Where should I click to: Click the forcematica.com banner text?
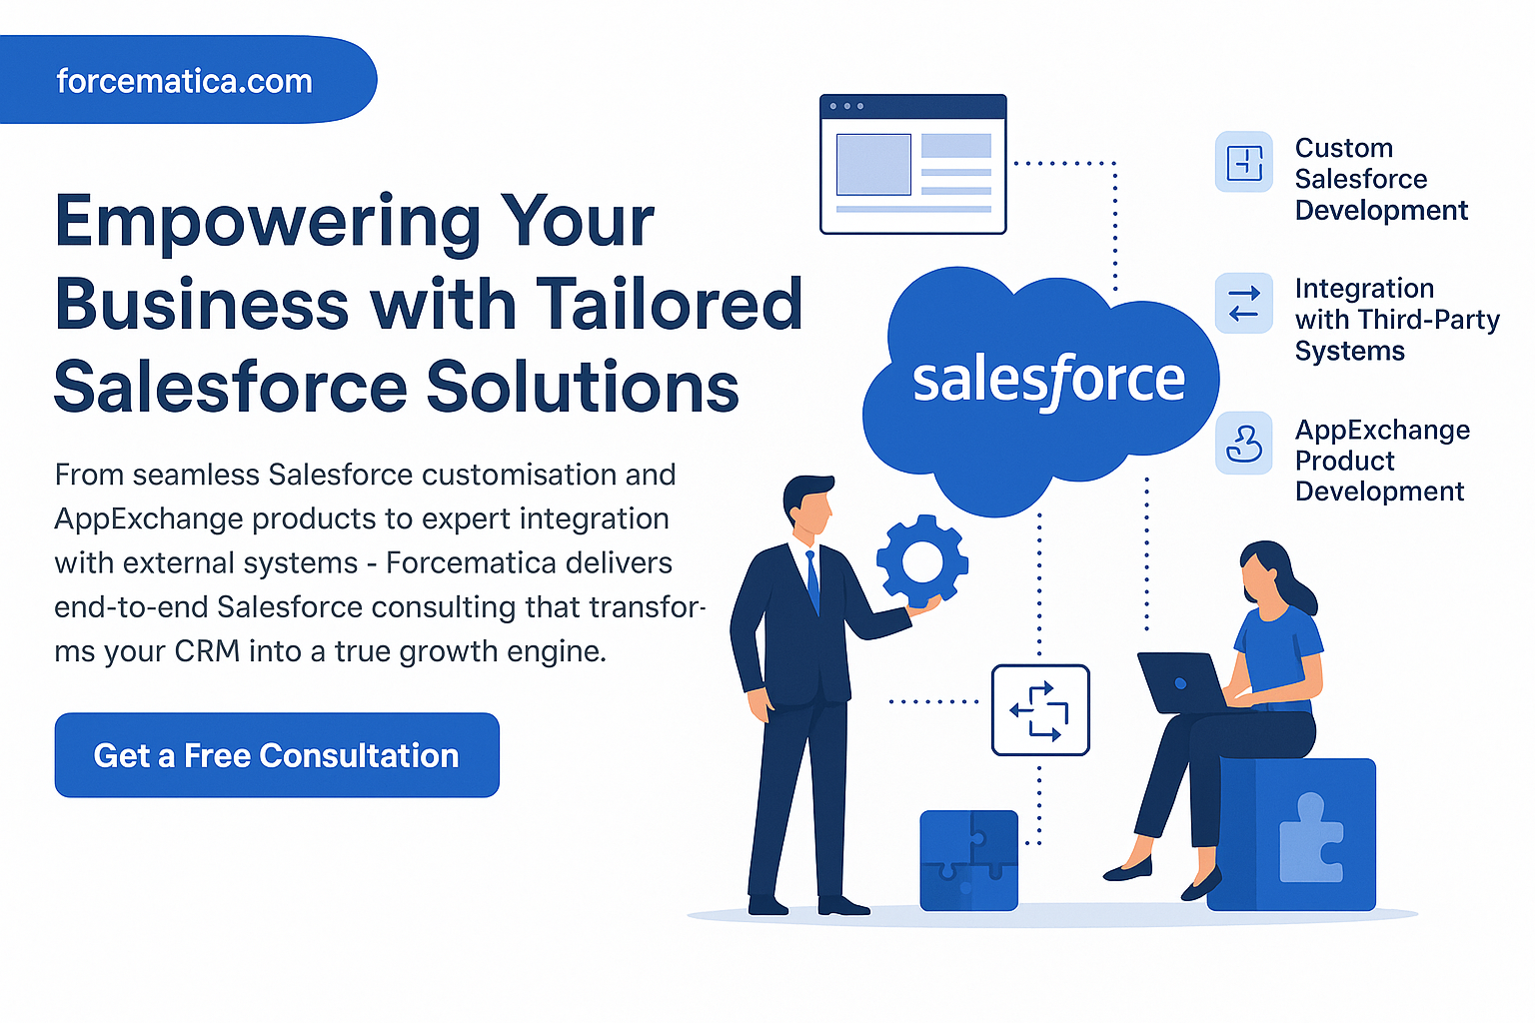184,81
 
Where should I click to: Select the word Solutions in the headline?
583,387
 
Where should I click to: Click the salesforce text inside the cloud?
1048,381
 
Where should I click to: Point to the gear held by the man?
922,561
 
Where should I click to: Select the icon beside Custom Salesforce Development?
1244,162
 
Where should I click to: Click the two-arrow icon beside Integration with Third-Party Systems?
1244,303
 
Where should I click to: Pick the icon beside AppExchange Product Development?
1244,444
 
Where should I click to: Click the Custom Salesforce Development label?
1381,179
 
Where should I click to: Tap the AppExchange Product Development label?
1382,461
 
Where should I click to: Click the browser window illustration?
912,165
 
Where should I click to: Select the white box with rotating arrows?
1040,710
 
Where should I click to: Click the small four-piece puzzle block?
969,860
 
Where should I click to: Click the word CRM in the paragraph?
207,651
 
